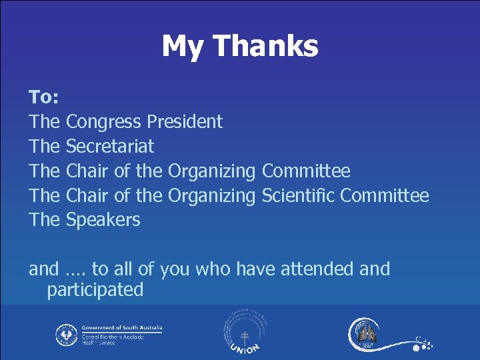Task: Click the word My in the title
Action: pyautogui.click(x=182, y=47)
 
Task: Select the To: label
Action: pyautogui.click(x=44, y=97)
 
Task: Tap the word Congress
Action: pyautogui.click(x=104, y=122)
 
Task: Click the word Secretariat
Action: pyautogui.click(x=110, y=147)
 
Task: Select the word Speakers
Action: pyautogui.click(x=103, y=220)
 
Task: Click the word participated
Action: pyautogui.click(x=95, y=290)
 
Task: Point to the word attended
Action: pyautogui.click(x=317, y=269)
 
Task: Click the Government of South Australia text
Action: pyautogui.click(x=121, y=328)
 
